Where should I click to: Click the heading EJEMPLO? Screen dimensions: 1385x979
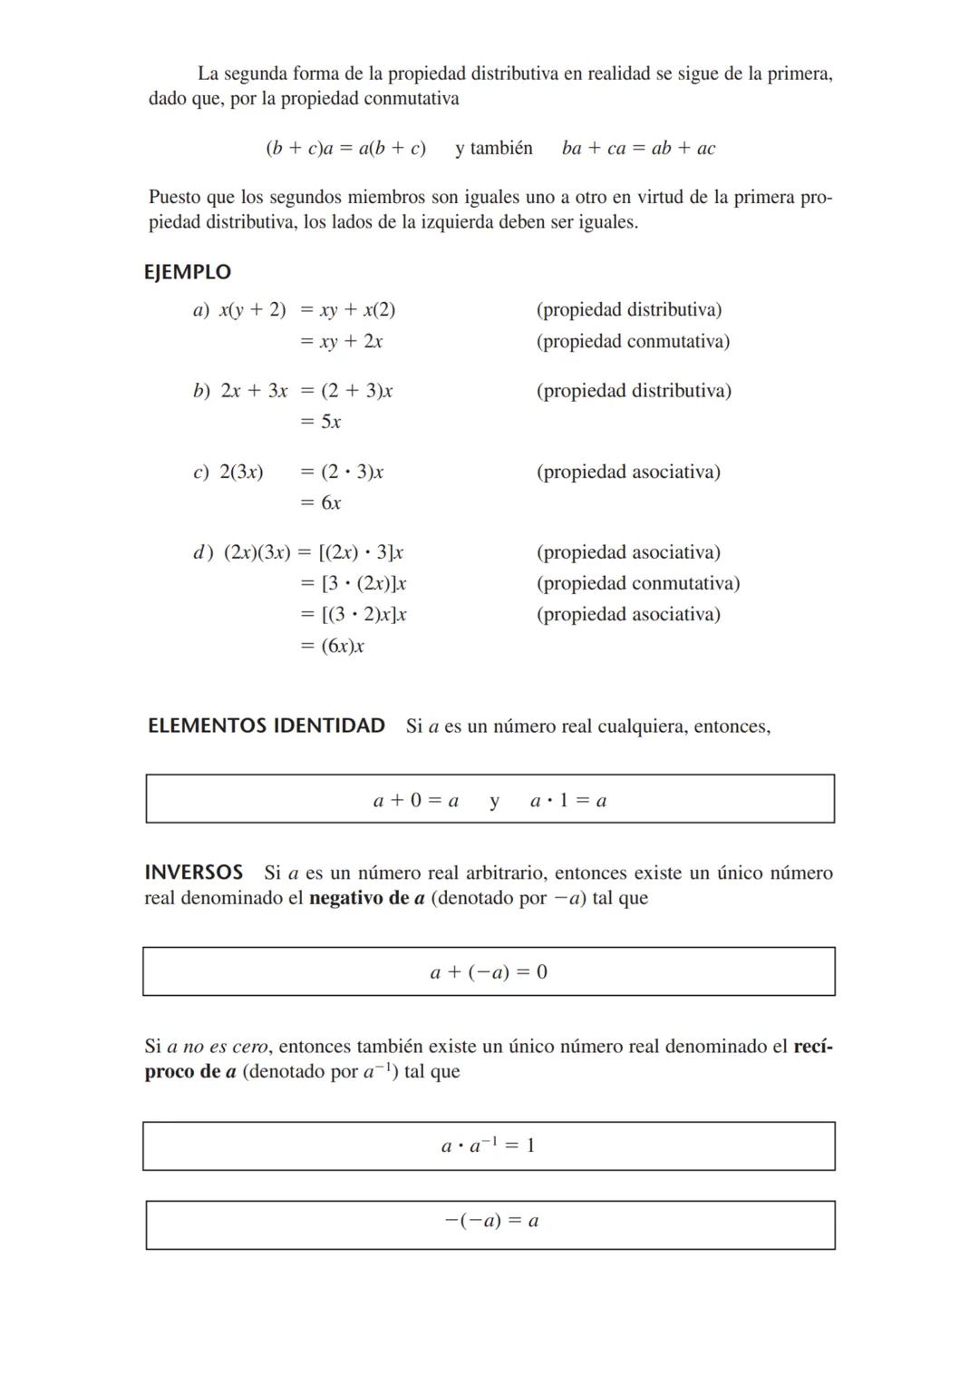click(188, 272)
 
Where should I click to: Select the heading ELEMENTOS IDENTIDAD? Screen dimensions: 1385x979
click(267, 726)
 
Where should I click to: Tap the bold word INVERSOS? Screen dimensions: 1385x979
click(194, 873)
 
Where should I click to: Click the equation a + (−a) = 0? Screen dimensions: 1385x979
click(489, 972)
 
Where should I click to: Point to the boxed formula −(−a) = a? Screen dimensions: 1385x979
click(491, 1221)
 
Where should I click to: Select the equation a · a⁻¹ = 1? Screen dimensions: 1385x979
click(488, 1146)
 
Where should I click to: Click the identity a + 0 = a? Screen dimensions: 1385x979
click(416, 801)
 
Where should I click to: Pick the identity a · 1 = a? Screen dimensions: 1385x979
click(568, 801)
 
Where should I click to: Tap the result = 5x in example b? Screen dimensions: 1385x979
click(321, 422)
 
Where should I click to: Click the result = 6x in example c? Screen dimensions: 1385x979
click(321, 502)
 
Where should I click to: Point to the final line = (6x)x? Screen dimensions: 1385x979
click(332, 646)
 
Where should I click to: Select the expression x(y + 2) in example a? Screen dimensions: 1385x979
click(252, 310)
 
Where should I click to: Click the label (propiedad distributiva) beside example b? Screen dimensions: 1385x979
click(634, 391)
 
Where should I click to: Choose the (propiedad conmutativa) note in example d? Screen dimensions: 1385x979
click(638, 583)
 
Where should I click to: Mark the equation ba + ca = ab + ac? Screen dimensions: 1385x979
click(638, 149)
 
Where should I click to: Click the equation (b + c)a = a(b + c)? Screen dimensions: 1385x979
click(345, 149)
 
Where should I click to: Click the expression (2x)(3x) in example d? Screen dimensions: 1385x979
click(257, 552)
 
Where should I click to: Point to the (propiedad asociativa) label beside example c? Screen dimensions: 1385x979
click(628, 472)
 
